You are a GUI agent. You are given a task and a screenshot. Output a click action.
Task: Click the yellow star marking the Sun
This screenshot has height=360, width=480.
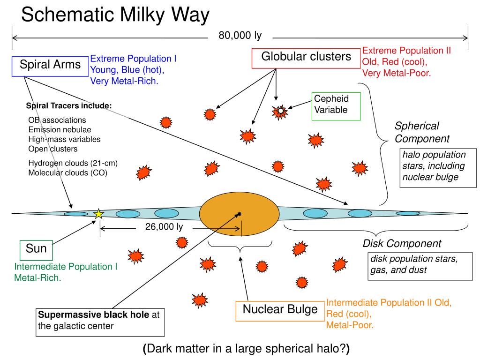tap(98, 214)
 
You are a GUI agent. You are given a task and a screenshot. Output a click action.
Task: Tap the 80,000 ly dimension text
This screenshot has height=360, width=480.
tap(240, 36)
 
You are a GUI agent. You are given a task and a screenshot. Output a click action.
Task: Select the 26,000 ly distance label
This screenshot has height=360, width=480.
tap(164, 227)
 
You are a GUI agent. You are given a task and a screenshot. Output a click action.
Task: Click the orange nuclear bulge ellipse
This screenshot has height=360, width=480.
tap(239, 214)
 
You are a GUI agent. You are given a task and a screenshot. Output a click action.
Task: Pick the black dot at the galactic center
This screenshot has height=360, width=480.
tap(239, 214)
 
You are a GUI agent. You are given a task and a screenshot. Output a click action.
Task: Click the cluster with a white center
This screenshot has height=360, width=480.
tap(280, 112)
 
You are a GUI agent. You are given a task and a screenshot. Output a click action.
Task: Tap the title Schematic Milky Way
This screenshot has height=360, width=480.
tap(115, 15)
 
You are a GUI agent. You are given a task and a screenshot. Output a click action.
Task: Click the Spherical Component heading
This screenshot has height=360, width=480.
tap(422, 132)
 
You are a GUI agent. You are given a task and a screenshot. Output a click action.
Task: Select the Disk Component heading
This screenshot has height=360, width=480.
tap(402, 243)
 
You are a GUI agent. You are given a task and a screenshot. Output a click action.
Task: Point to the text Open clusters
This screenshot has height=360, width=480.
tap(53, 149)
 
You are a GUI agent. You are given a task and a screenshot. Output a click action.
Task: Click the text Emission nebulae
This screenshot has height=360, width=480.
tap(60, 129)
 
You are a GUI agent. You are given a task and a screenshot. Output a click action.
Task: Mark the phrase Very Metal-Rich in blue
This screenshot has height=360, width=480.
tap(124, 81)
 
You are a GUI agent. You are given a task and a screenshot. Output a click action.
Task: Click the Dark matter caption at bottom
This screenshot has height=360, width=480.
tap(246, 348)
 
